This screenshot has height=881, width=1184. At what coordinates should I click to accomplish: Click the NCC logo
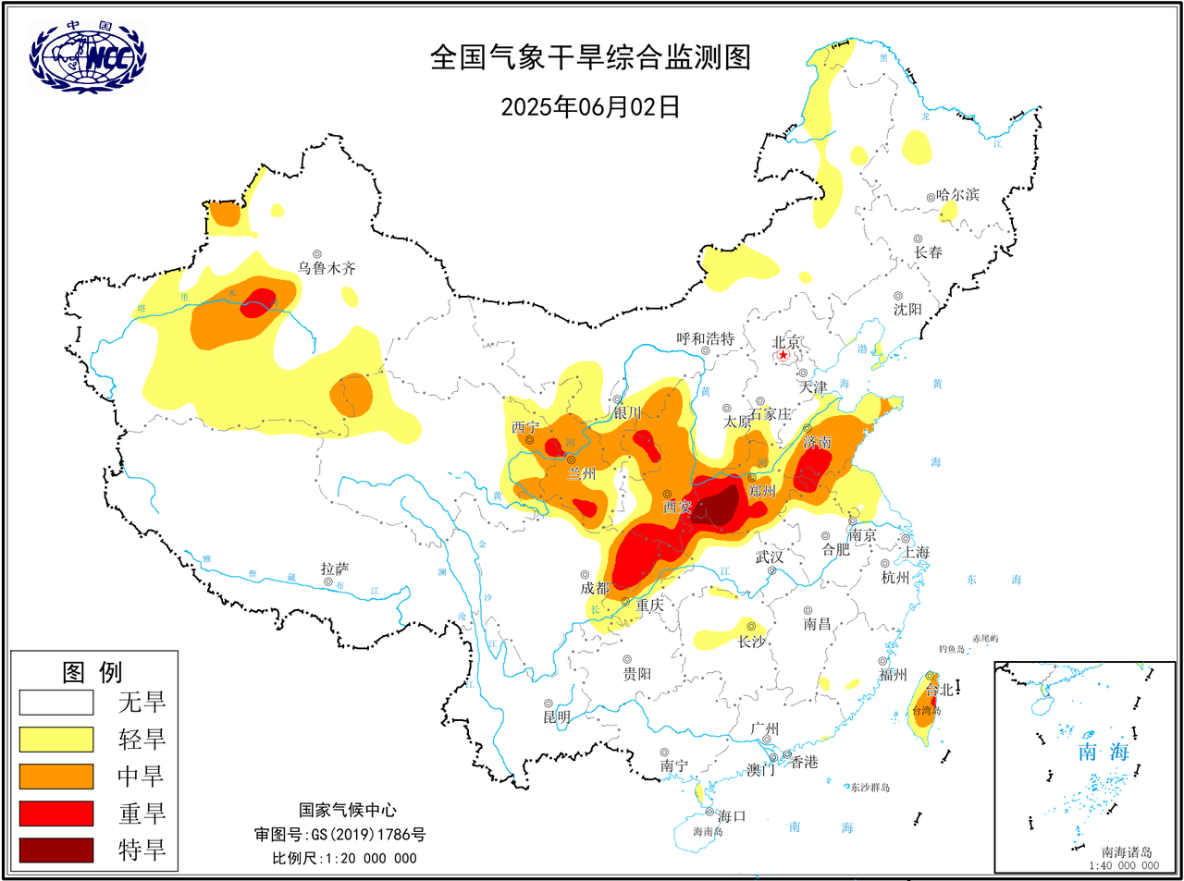pyautogui.click(x=87, y=57)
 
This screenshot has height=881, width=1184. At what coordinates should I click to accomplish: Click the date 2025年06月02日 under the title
pyautogui.click(x=590, y=107)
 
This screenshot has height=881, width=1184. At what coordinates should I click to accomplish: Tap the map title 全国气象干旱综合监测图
pyautogui.click(x=590, y=57)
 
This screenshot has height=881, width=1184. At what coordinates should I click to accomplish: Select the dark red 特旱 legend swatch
pyautogui.click(x=56, y=850)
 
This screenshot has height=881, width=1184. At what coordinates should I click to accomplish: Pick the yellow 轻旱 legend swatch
pyautogui.click(x=56, y=739)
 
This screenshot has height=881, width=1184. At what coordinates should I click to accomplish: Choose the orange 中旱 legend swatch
pyautogui.click(x=56, y=776)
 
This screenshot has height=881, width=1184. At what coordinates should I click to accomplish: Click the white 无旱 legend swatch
pyautogui.click(x=56, y=702)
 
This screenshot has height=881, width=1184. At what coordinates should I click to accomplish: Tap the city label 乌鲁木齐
pyautogui.click(x=326, y=268)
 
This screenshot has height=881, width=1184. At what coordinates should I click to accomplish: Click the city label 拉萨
pyautogui.click(x=334, y=569)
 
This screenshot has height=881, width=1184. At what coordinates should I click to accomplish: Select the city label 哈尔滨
pyautogui.click(x=957, y=195)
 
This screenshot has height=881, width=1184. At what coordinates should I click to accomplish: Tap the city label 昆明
pyautogui.click(x=557, y=716)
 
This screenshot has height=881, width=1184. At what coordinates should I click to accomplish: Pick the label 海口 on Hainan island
pyautogui.click(x=731, y=815)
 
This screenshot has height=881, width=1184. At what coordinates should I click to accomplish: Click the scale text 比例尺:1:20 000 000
pyautogui.click(x=344, y=858)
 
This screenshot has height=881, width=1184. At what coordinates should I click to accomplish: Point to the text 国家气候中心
pyautogui.click(x=347, y=810)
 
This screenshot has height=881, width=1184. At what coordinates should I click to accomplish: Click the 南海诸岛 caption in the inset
pyautogui.click(x=1127, y=852)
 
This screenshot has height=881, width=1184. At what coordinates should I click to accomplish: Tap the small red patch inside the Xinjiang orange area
pyautogui.click(x=259, y=302)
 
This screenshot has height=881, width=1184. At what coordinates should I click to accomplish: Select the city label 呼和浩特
pyautogui.click(x=705, y=339)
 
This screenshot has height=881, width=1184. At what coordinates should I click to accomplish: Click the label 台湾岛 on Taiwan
pyautogui.click(x=926, y=711)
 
